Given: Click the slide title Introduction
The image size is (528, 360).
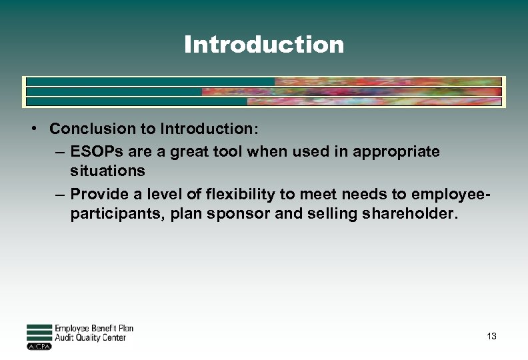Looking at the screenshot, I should click(x=264, y=45).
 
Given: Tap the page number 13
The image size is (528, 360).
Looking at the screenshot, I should click(x=491, y=336).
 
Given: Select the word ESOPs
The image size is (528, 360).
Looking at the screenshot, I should click(x=92, y=151).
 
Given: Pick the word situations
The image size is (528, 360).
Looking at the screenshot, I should click(x=107, y=171).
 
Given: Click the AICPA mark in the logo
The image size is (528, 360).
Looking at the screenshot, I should click(x=39, y=347).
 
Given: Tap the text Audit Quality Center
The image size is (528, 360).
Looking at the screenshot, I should click(x=90, y=338).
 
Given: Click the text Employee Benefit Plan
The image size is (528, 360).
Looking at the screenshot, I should click(x=93, y=329).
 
